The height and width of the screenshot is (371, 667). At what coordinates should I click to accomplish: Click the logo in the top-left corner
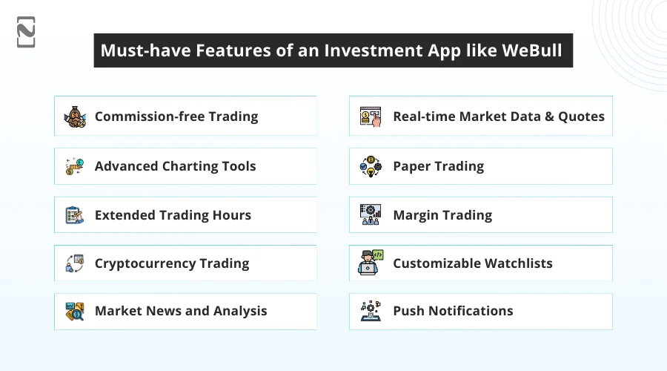[x=26, y=32]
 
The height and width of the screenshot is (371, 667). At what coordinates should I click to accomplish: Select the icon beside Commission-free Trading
[x=76, y=116]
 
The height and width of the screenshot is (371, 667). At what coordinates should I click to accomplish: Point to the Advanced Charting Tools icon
[x=76, y=166]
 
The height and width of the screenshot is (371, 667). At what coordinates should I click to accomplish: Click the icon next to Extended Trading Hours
[x=76, y=215]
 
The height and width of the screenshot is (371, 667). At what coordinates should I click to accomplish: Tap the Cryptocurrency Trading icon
[x=76, y=263]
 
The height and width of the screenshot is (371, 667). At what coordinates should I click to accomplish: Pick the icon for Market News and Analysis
[x=76, y=312]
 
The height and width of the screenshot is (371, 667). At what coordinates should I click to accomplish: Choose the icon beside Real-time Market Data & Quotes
[x=371, y=116]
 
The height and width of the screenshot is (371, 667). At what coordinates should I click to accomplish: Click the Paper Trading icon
[x=371, y=166]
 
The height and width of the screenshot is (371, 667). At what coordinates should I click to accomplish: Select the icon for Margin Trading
[x=371, y=215]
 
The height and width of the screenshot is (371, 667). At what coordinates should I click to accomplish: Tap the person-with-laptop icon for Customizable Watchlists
[x=371, y=263]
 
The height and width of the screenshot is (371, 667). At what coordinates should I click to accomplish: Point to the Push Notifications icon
[x=371, y=312]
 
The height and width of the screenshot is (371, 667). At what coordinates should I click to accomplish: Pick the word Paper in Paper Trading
[x=411, y=166]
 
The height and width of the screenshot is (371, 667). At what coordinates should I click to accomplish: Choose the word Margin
[x=416, y=215]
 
